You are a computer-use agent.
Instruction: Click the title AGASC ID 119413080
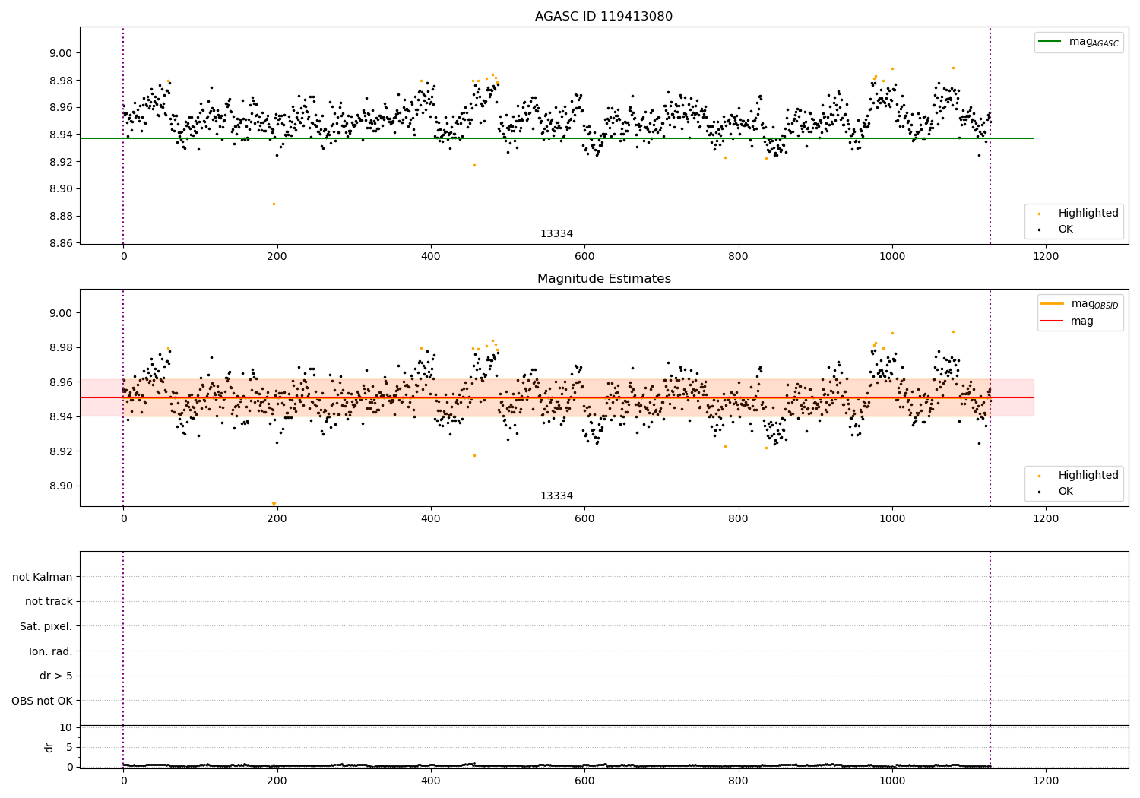603,17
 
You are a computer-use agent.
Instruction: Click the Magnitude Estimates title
603,279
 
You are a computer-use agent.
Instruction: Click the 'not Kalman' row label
42,577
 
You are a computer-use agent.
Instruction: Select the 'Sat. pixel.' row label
46,626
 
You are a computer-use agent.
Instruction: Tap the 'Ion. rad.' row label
50,651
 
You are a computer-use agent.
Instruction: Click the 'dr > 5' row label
55,676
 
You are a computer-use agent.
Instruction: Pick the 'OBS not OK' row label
42,701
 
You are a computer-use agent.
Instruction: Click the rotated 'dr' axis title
49,747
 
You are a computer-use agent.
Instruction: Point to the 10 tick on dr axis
65,727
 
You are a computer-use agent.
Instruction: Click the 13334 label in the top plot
556,233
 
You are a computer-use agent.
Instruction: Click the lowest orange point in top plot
274,204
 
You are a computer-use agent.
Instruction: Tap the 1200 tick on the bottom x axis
1046,781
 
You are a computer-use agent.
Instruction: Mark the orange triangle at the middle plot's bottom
274,503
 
